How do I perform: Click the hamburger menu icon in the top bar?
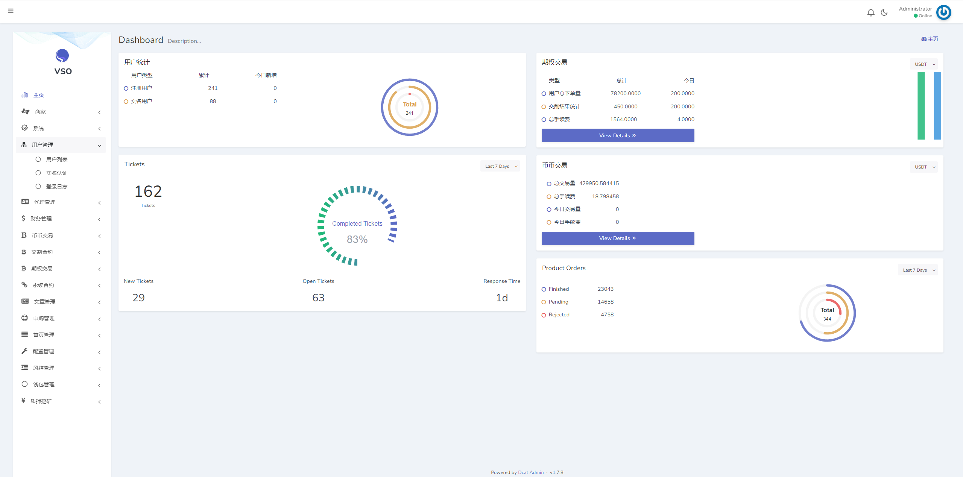[x=11, y=11]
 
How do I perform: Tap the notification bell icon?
[x=870, y=13]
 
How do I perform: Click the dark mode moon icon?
[x=884, y=13]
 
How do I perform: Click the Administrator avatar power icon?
[x=943, y=12]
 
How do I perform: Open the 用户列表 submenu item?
[x=57, y=160]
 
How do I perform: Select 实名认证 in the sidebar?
[x=57, y=173]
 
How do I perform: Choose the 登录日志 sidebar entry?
[x=57, y=187]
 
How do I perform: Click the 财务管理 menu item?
[x=41, y=219]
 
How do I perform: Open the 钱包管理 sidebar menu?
[x=44, y=384]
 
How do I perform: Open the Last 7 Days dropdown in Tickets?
[x=500, y=166]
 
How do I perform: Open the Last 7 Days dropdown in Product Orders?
[x=917, y=270]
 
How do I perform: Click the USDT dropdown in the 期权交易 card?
[x=924, y=64]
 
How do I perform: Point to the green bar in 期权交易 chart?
[x=921, y=106]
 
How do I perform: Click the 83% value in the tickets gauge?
[x=357, y=239]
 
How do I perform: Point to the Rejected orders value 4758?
[x=607, y=314]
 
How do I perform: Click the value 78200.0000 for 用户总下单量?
[x=625, y=93]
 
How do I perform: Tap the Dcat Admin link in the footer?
[x=531, y=472]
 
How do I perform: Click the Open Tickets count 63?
[x=318, y=298]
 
